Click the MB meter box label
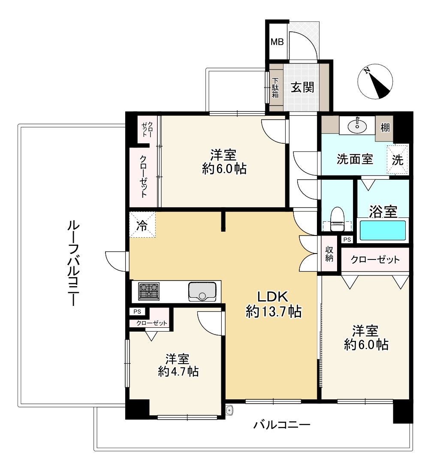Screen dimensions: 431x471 click(277, 42)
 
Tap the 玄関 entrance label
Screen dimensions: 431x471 click(302, 88)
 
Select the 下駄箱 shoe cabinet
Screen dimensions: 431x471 click(276, 88)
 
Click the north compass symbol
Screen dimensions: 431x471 click(375, 81)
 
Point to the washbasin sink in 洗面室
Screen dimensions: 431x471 click(357, 126)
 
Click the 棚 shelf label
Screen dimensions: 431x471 click(385, 128)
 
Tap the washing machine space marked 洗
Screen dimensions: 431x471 click(398, 160)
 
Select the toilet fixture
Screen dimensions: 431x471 click(337, 219)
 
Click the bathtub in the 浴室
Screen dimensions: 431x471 click(383, 230)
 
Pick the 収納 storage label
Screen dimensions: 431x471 click(329, 254)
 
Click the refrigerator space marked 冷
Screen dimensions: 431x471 click(142, 225)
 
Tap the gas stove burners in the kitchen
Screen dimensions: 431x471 click(149, 291)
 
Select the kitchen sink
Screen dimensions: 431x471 click(202, 291)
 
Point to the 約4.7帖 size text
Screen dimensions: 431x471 click(178, 372)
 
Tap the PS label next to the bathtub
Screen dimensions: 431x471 click(347, 239)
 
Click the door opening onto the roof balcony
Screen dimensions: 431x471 click(117, 261)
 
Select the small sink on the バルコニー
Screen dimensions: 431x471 click(229, 410)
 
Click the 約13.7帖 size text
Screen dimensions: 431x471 click(274, 311)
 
